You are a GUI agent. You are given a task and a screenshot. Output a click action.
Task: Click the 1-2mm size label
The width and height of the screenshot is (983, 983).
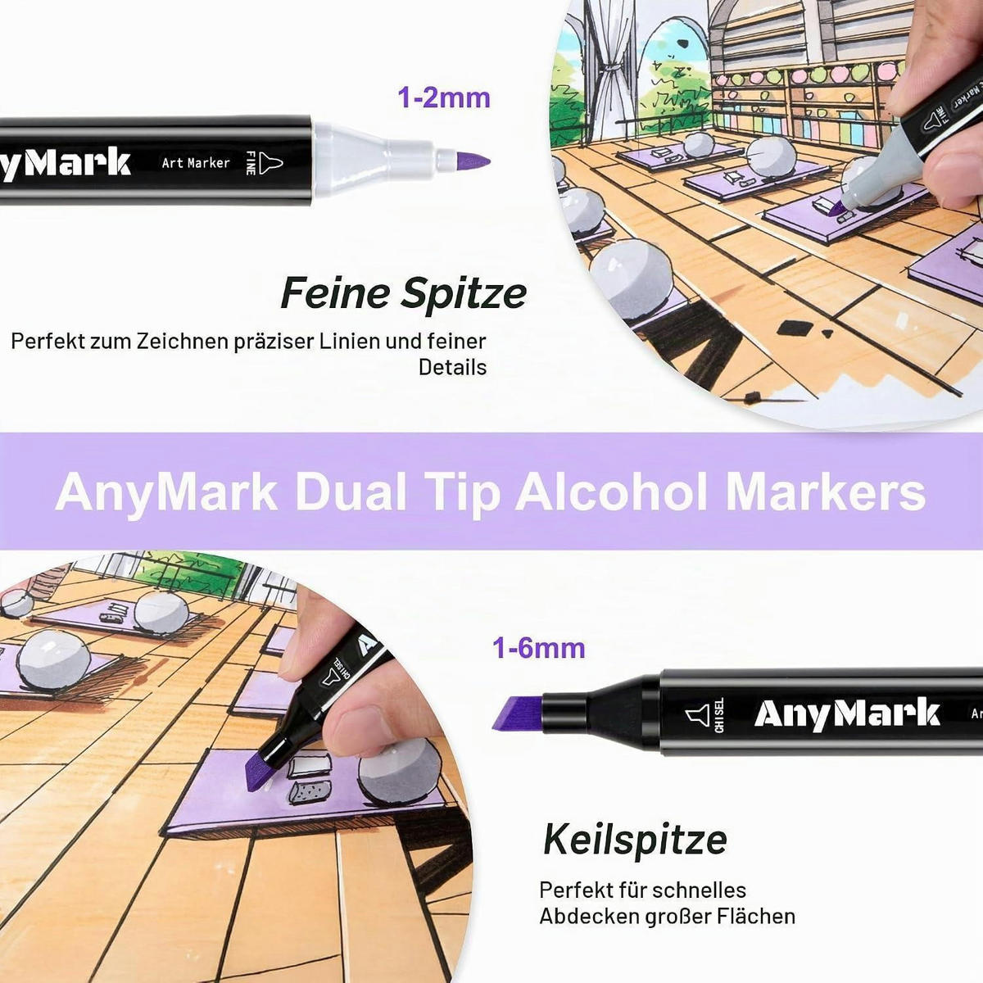[x=444, y=98]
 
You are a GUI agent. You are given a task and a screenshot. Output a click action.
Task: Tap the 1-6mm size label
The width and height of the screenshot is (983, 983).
[x=539, y=649]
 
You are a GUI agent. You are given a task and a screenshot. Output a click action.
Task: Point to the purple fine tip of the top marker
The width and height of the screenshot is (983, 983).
[x=473, y=161]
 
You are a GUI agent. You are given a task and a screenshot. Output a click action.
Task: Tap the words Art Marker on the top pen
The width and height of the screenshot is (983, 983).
[x=196, y=163]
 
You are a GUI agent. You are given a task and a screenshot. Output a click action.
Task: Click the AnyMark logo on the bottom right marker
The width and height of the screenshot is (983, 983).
[x=847, y=713]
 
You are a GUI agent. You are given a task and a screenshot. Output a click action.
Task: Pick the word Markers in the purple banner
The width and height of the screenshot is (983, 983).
[x=825, y=492]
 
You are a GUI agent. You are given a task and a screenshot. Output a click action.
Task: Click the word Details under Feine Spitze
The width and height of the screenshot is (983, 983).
[x=452, y=367]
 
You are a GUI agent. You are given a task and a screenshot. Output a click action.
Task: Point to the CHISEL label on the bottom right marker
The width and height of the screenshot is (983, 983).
[x=719, y=715]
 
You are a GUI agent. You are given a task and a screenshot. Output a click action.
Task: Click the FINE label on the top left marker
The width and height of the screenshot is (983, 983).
[x=251, y=163]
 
